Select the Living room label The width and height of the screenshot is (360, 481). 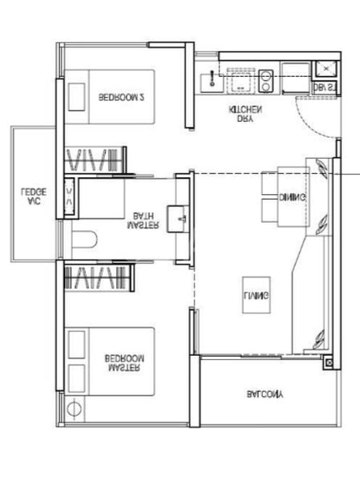(x=257, y=297)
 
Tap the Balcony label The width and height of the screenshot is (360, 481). (x=265, y=394)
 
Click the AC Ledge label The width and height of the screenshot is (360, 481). (x=34, y=197)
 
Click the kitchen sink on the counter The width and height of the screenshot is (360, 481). (x=240, y=79)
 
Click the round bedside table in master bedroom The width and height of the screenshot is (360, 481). (x=75, y=409)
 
